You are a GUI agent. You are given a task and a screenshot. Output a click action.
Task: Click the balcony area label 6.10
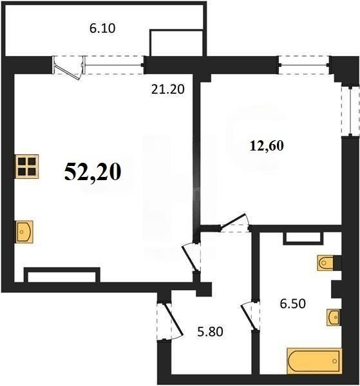click(x=102, y=28)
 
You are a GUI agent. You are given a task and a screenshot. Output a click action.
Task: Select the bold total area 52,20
click(x=93, y=172)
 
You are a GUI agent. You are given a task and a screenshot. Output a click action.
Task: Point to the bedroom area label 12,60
click(x=267, y=145)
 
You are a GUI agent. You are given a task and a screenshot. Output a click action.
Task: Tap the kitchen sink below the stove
click(x=25, y=230)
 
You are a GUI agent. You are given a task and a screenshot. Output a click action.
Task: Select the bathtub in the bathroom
click(x=314, y=362)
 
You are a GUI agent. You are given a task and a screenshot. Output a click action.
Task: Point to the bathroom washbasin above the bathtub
click(x=332, y=317)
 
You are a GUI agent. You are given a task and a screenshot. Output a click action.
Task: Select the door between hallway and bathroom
click(x=249, y=316)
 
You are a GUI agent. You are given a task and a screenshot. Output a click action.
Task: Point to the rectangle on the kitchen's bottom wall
click(x=62, y=276)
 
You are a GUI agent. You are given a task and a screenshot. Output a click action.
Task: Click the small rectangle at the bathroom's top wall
click(x=299, y=237)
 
